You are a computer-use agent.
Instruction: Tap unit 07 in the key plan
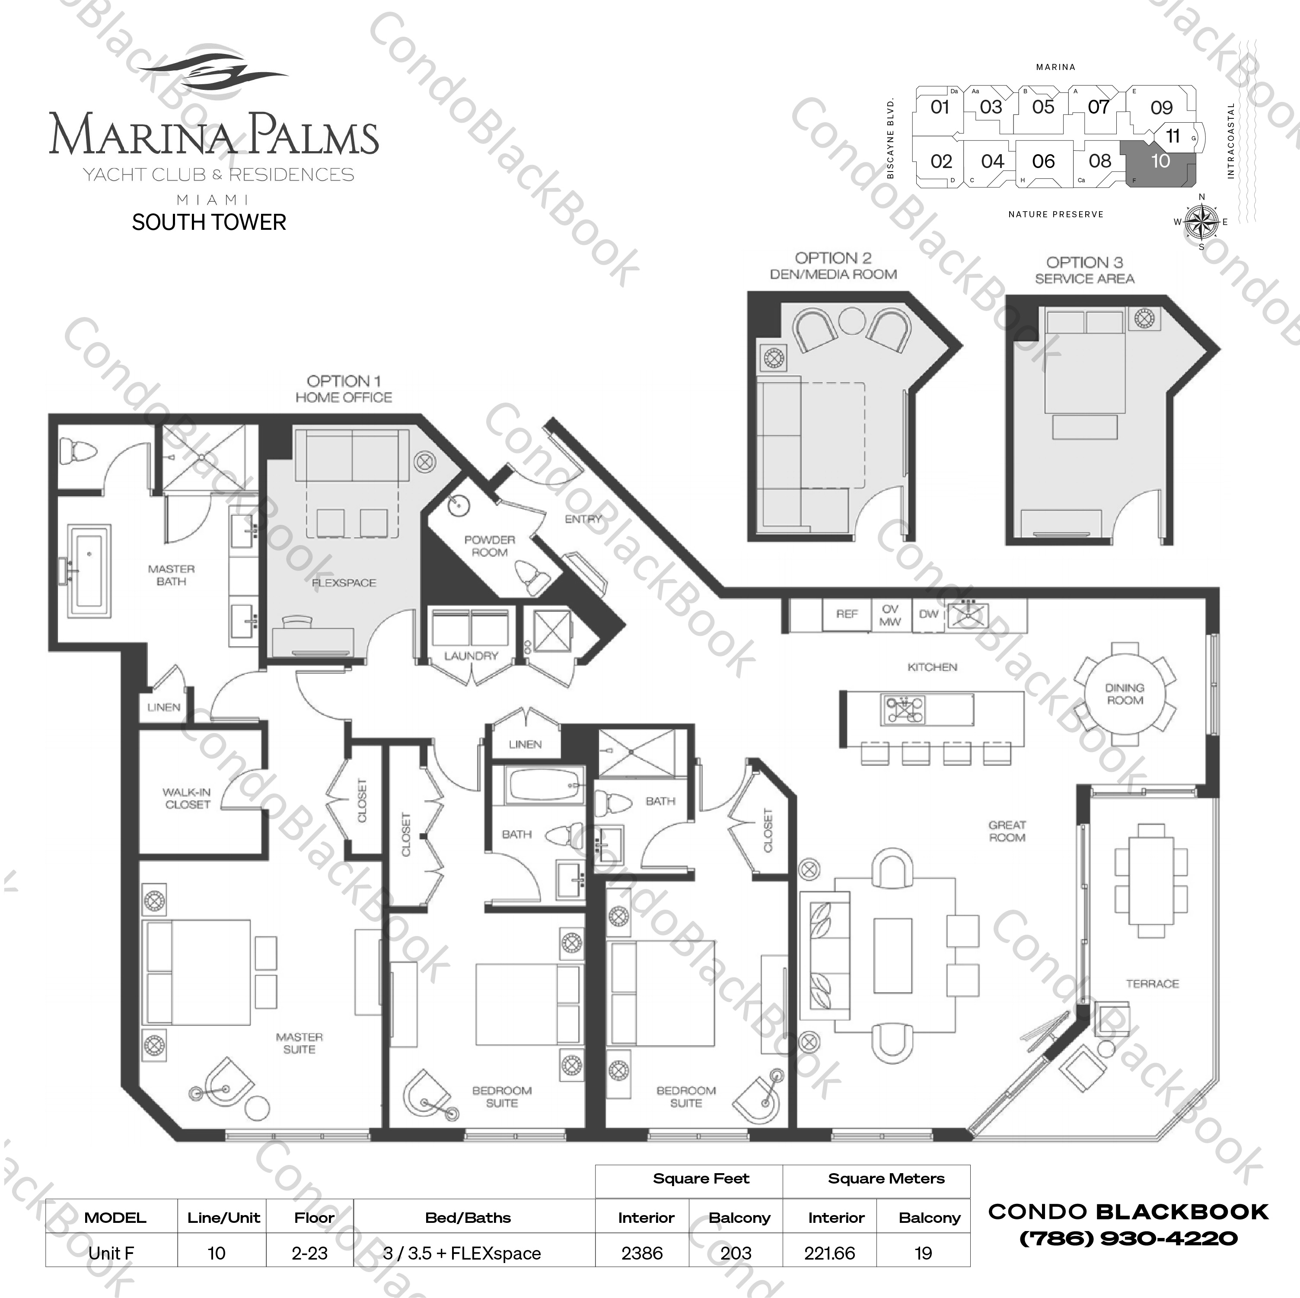[1098, 107]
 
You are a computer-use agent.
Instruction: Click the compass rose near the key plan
[1202, 222]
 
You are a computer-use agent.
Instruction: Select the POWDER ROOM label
[489, 546]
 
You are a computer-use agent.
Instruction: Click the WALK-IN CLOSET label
[187, 798]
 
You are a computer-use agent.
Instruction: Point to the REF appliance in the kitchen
[847, 614]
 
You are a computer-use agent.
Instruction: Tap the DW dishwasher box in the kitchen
[929, 614]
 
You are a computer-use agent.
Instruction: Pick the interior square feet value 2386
[642, 1253]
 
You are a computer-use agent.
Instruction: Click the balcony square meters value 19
[923, 1253]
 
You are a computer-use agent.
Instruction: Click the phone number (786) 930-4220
[1128, 1238]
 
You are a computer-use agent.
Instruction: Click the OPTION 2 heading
[833, 258]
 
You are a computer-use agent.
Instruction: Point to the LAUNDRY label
[471, 656]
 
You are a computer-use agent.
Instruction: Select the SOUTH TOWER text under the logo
[209, 222]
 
